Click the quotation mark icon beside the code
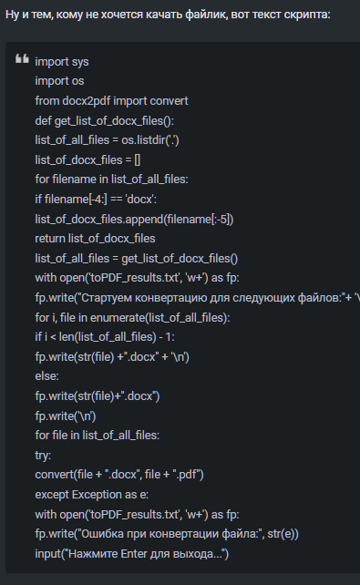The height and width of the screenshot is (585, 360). pos(22,59)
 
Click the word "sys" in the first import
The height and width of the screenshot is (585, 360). pos(80,62)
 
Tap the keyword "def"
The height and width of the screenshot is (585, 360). pos(43,121)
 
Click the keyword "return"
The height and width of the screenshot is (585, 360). pos(50,239)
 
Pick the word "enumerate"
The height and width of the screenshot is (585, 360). pos(118,318)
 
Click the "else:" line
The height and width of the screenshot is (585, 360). pos(47,376)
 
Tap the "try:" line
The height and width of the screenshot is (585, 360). pos(43,456)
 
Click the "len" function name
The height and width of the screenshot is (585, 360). pos(67,337)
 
